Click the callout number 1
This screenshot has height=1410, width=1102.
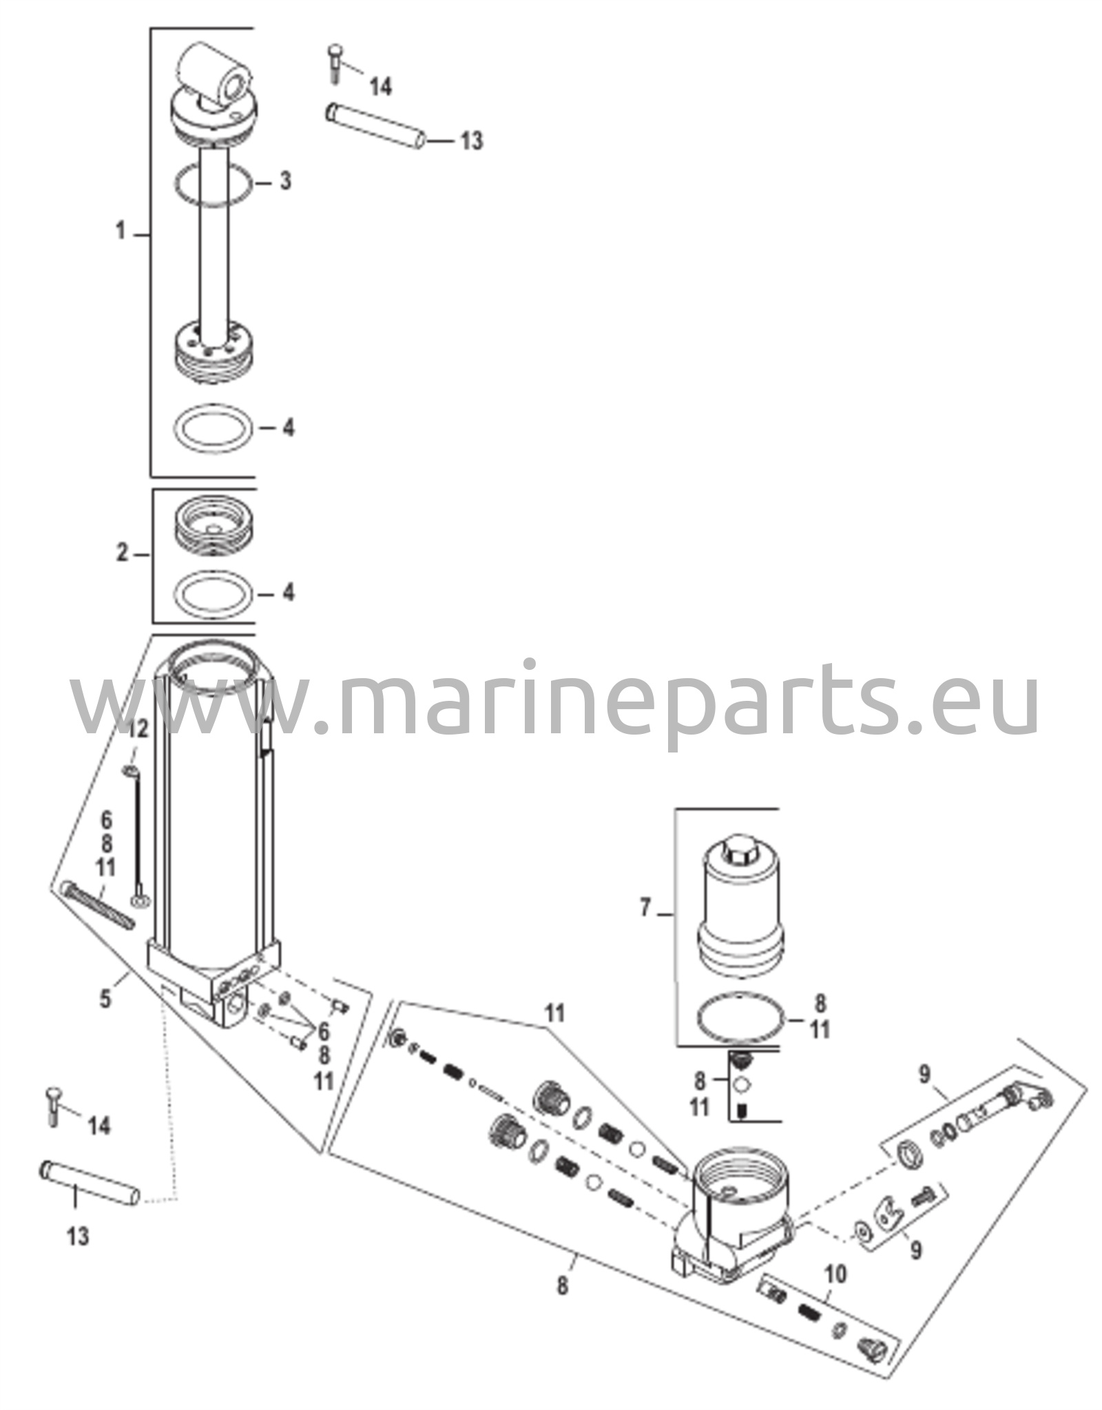(121, 231)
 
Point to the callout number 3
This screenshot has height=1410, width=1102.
(284, 181)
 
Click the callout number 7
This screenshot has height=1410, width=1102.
(645, 908)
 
